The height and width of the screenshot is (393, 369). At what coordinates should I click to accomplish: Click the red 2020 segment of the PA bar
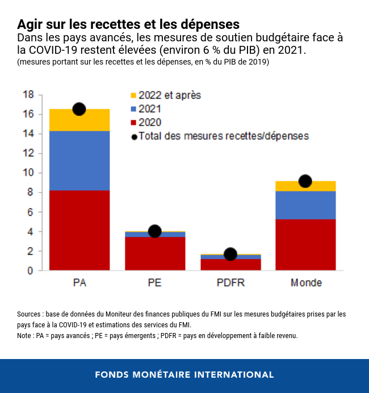coord(79,230)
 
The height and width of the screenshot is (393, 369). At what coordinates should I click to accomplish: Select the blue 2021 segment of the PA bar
coord(79,160)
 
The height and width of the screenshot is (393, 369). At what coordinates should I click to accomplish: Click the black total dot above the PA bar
coord(79,109)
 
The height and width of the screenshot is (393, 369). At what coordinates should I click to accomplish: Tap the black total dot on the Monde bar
coord(305,181)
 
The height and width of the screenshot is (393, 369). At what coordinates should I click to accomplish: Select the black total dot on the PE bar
coord(154,231)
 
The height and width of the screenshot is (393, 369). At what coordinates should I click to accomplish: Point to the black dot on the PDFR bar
coord(230,254)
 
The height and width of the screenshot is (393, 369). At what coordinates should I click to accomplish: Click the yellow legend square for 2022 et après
coord(133,95)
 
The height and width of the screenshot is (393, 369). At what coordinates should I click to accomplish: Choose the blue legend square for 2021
coord(133,109)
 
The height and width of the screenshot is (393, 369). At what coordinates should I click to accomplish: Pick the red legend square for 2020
coord(133,122)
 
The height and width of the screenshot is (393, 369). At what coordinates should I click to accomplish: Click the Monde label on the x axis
coord(306,283)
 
